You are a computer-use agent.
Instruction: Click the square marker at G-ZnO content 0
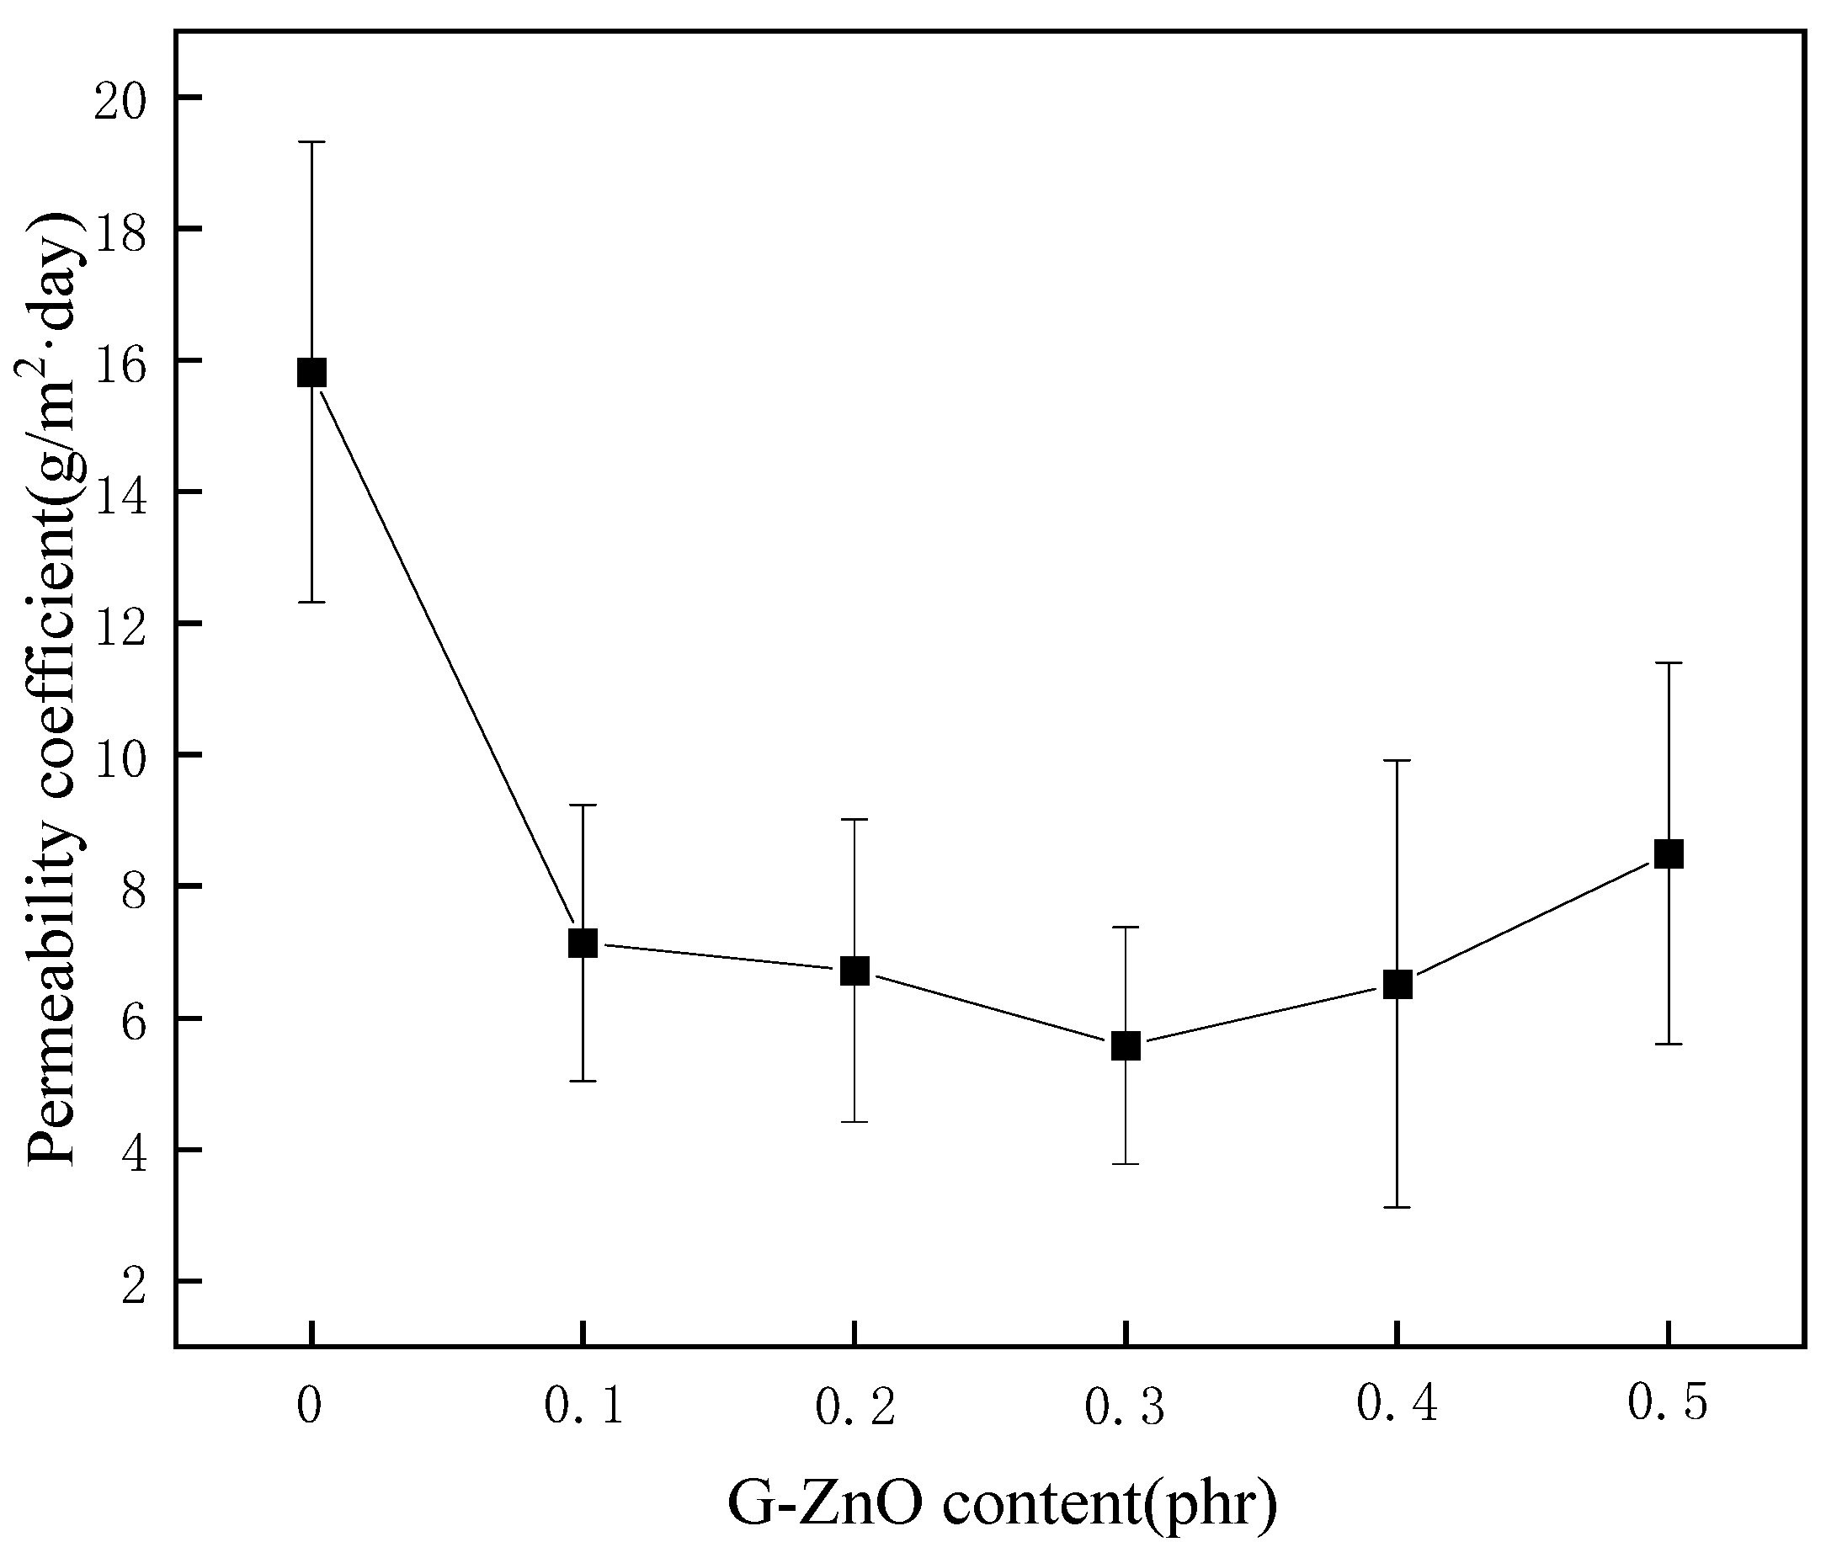click(312, 373)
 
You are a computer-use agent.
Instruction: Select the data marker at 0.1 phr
click(583, 943)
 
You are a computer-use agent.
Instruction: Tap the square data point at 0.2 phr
click(854, 970)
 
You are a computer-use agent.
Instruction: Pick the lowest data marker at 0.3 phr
click(1126, 1046)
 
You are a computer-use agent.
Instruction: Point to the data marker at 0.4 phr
click(1397, 983)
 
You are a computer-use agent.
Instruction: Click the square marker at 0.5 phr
click(1669, 853)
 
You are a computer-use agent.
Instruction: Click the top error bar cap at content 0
click(312, 142)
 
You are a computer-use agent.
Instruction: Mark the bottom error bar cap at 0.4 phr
click(1397, 1207)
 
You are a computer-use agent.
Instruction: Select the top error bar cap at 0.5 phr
click(1669, 662)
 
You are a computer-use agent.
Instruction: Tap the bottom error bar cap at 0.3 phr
click(1126, 1164)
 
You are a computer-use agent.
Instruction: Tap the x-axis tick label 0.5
click(1667, 1403)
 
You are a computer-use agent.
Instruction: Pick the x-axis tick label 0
click(308, 1406)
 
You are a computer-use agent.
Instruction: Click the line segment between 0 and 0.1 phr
click(447, 657)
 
